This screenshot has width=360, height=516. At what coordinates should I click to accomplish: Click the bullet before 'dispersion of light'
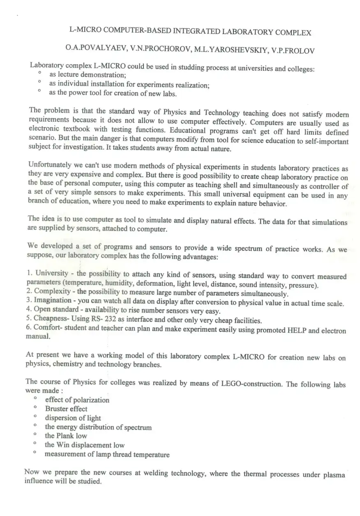[36, 417]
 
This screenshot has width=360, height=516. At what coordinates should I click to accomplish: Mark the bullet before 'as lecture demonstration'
[39, 74]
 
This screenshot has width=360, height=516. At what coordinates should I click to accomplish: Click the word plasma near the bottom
[334, 475]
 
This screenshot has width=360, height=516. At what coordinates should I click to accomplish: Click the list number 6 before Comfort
[28, 328]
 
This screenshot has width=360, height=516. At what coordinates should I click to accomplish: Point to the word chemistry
[70, 364]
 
